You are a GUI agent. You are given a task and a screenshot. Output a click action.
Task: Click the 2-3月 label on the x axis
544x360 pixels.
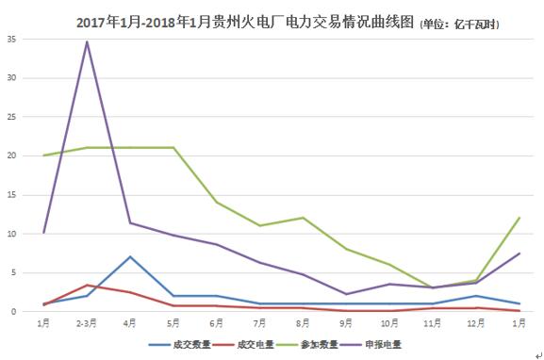tap(87, 323)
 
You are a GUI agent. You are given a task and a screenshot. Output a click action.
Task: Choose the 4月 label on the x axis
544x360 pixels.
tap(130, 323)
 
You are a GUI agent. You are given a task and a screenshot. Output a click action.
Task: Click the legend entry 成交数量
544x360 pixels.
tap(185, 345)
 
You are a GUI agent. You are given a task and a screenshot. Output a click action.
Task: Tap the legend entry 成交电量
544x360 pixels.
tap(252, 345)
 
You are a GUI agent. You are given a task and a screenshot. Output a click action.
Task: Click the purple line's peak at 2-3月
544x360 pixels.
tap(87, 41)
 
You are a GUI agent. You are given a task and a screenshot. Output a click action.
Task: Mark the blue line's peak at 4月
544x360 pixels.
tap(130, 256)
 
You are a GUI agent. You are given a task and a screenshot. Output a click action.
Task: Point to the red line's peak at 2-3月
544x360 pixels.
tap(87, 285)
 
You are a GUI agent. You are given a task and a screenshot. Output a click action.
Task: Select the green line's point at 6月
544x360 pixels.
tap(217, 202)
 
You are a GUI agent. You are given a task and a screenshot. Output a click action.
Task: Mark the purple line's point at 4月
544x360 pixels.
tap(130, 222)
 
